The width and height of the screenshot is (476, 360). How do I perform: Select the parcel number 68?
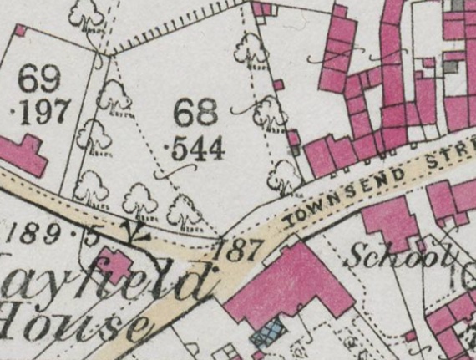pos(196,114)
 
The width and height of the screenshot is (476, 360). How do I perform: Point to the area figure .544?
pos(196,149)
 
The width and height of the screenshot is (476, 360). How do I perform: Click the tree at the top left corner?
pos(87,14)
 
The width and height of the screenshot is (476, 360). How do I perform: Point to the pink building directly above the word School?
pos(389,221)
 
